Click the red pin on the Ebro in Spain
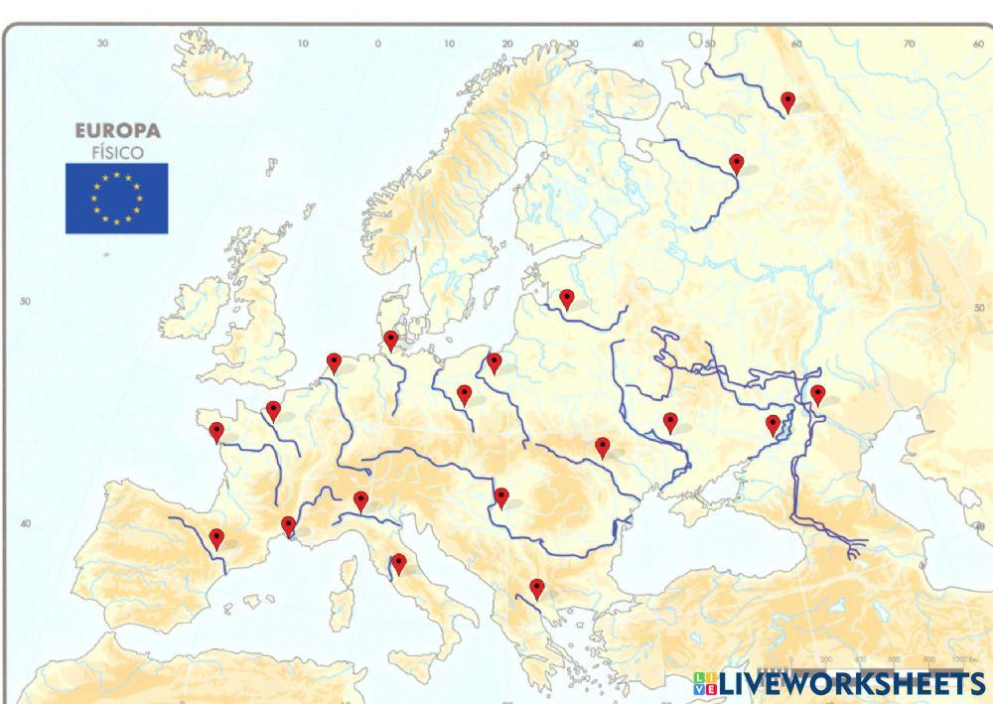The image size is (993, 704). pos(216,538)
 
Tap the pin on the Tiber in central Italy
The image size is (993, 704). pos(398,563)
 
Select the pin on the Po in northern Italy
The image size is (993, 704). pos(360,500)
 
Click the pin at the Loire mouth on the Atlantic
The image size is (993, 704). pos(216,431)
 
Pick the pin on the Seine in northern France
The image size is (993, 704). pos(273,409)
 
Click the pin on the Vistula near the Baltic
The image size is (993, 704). pos(495,361)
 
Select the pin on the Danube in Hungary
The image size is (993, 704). pos(501,496)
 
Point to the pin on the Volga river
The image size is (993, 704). pos(817,394)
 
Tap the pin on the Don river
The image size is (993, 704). pos(773,424)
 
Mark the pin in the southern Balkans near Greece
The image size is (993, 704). pos(537,588)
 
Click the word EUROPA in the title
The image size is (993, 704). pos(117,131)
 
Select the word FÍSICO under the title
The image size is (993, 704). pos(117,153)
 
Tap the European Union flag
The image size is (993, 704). pos(117,199)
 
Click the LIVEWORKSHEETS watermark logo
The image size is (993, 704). pos(839,683)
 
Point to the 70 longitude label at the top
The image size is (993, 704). pos(909,45)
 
